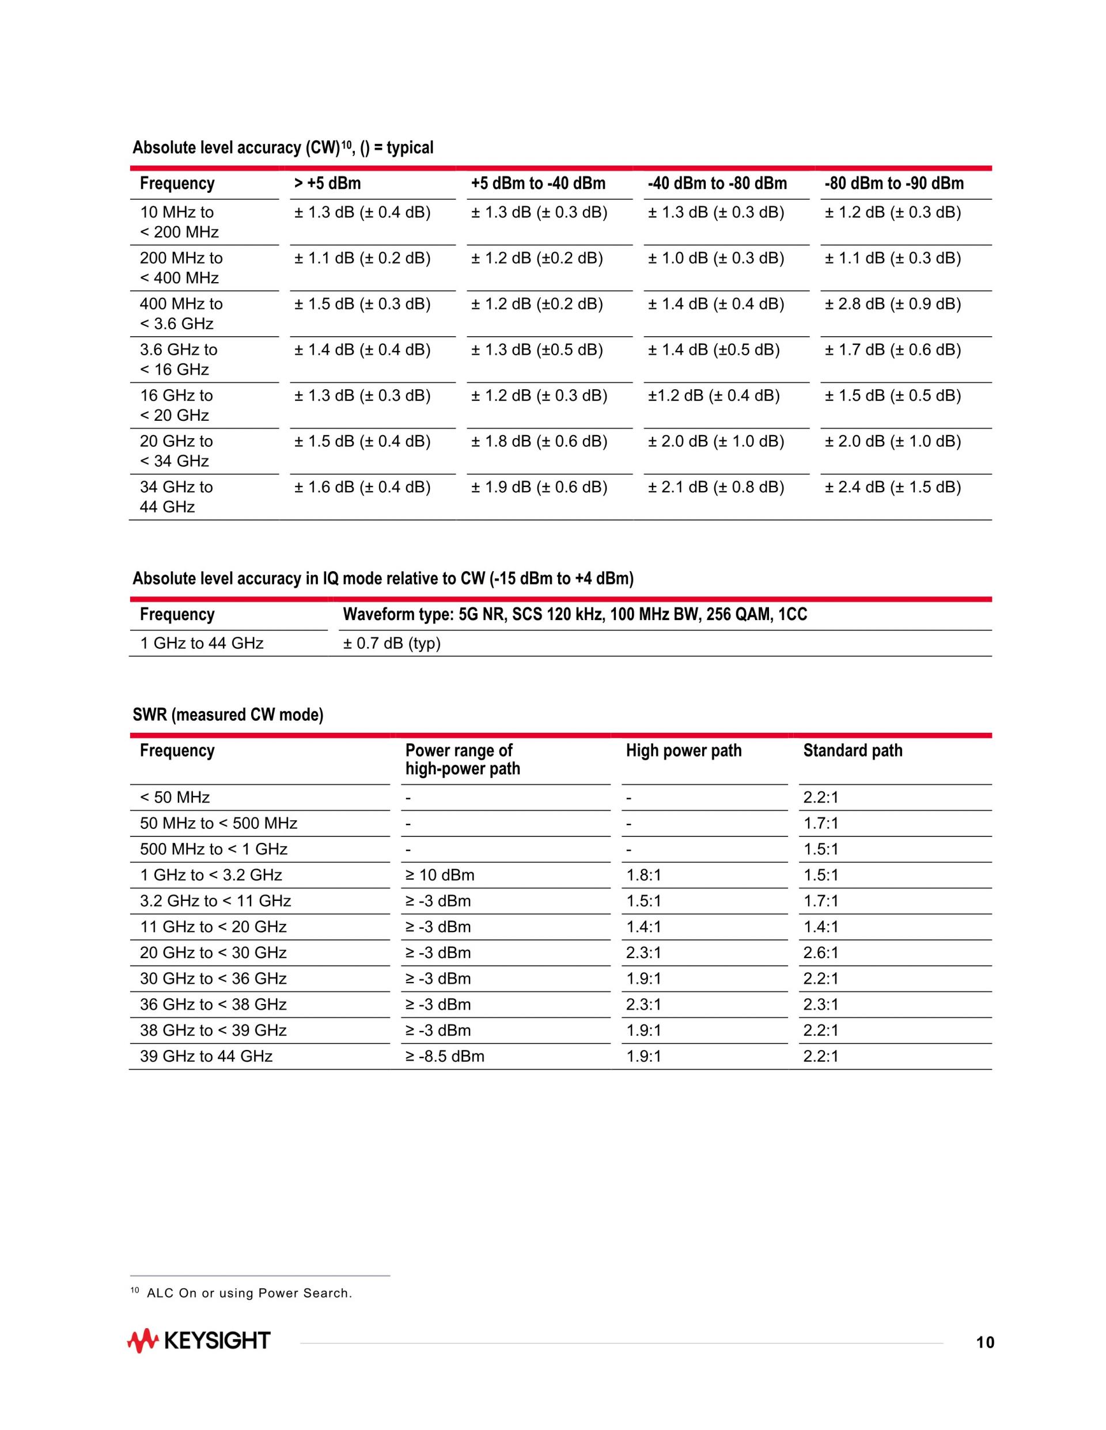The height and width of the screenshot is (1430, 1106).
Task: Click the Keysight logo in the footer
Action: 199,1340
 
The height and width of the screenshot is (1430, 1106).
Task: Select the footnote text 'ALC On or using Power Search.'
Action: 249,1293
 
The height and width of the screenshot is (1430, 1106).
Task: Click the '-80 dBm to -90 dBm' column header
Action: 893,183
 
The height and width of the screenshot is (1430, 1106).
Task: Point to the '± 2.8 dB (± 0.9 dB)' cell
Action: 892,304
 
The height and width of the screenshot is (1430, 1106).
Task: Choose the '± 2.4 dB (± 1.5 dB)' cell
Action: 892,487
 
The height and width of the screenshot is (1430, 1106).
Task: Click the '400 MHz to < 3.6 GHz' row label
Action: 181,314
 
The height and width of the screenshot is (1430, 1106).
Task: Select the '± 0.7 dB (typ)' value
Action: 392,644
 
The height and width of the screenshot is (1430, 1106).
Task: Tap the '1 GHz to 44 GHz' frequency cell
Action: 202,644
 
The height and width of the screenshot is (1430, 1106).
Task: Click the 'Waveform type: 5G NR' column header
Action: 575,614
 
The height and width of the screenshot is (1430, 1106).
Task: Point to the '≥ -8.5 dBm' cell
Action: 445,1056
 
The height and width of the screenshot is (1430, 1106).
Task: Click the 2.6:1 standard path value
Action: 820,953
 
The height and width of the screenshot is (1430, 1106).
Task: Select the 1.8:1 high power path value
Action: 643,876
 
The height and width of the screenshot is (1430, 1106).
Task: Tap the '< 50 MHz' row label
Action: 175,797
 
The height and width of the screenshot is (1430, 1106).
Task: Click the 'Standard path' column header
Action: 853,750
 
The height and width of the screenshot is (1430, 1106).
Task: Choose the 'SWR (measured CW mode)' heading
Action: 228,714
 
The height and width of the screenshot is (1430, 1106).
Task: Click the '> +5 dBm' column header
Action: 328,183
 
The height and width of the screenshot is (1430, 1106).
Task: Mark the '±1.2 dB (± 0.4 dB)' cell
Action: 714,395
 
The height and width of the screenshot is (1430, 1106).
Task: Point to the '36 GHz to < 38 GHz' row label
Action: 213,1005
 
